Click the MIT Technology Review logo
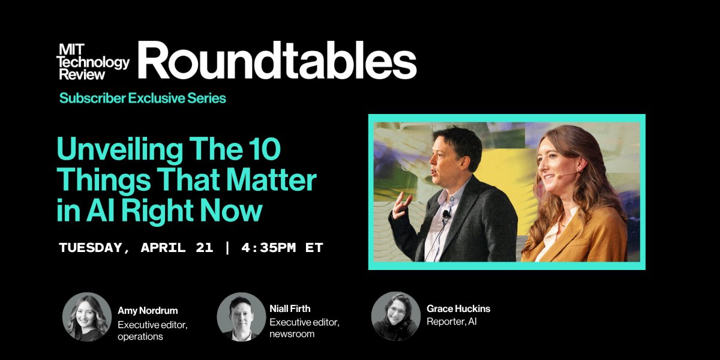click(92, 62)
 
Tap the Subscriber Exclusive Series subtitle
click(142, 98)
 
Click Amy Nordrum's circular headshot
click(87, 317)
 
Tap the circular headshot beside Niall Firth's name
click(241, 317)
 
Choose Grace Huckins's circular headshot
click(395, 317)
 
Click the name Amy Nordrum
click(148, 311)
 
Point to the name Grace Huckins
click(458, 308)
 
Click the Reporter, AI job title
click(451, 322)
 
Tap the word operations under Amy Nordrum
click(140, 337)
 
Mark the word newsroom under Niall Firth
click(292, 334)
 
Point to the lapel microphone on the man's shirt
click(445, 214)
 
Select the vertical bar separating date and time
click(226, 248)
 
